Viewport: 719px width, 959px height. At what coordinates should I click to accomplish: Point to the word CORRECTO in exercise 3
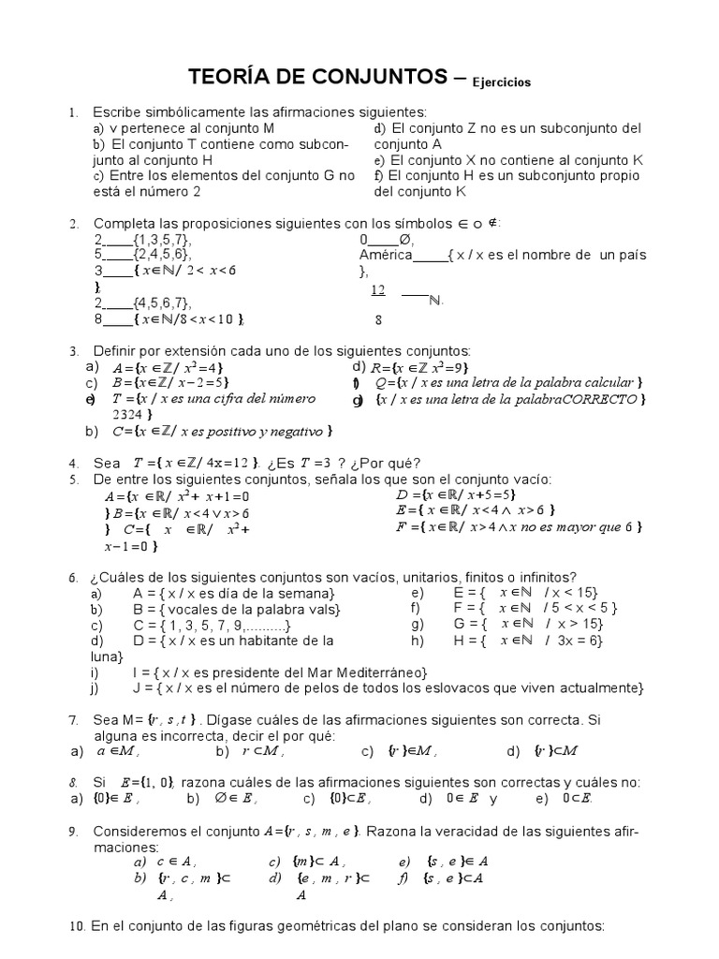click(x=606, y=399)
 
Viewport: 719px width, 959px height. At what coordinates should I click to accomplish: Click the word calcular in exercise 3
click(x=607, y=382)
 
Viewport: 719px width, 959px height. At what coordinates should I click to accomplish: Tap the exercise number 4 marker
click(x=74, y=464)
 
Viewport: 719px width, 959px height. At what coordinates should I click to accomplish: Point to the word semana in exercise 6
click(x=307, y=593)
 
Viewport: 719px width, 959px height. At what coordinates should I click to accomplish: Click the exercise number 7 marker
click(x=73, y=720)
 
